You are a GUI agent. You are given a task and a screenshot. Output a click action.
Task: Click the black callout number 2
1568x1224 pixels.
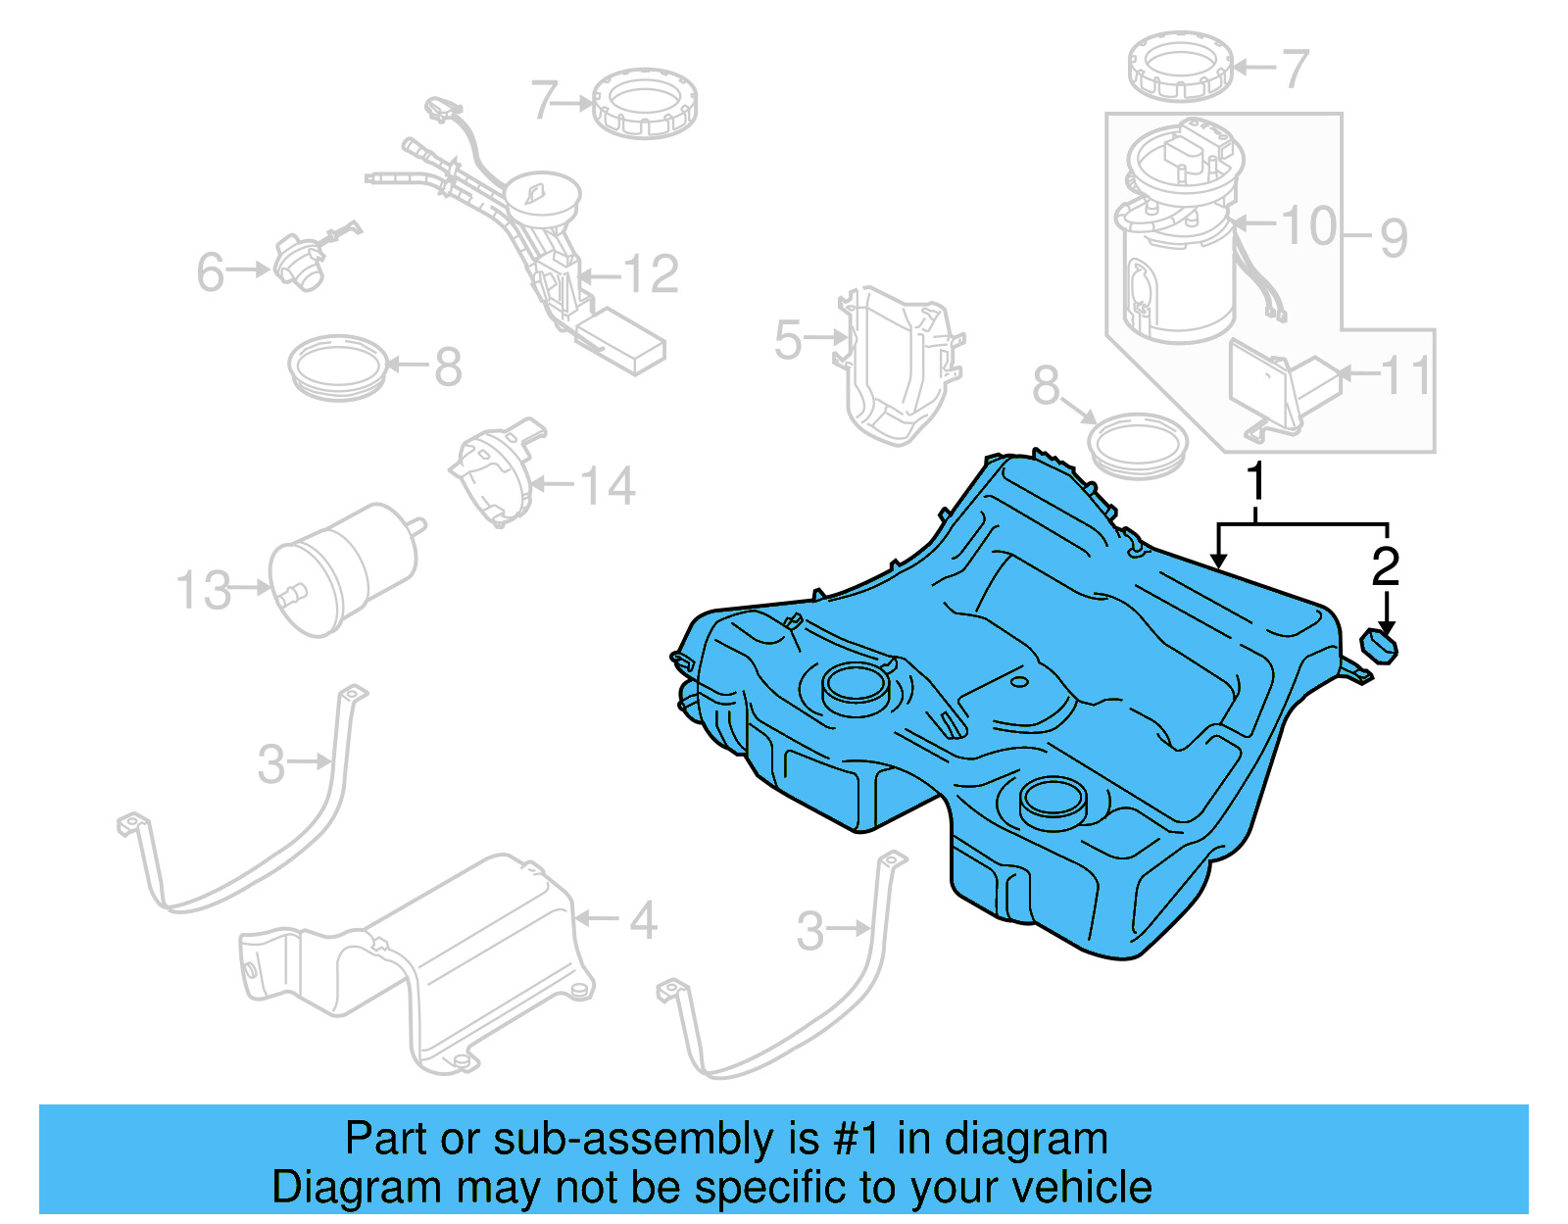point(1385,566)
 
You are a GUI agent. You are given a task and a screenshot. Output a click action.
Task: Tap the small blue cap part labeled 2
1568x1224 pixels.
point(1380,647)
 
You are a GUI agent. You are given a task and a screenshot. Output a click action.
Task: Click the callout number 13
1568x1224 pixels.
point(204,591)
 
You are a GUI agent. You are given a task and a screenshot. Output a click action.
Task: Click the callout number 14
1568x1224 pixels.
point(608,486)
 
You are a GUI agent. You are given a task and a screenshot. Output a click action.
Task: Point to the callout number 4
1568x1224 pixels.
point(643,921)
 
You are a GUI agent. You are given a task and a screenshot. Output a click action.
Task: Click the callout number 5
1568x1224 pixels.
point(788,340)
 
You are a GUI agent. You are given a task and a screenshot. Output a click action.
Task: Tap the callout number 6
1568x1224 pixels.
point(211,271)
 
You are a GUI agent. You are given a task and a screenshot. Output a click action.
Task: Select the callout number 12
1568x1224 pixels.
point(651,274)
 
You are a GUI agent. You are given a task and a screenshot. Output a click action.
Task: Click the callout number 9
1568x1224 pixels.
point(1394,238)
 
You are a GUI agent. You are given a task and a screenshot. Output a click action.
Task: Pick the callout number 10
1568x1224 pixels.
point(1309,226)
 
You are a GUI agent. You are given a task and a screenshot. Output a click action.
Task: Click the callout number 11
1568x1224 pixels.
point(1407,375)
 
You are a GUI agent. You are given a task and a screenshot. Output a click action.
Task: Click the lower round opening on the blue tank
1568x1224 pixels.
point(1053,798)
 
